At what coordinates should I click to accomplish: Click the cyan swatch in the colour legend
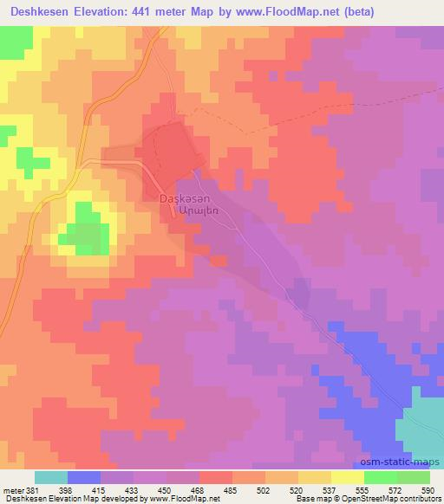click(51, 477)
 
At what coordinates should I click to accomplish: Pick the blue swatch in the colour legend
click(84, 477)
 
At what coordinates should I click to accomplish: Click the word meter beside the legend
click(12, 489)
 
